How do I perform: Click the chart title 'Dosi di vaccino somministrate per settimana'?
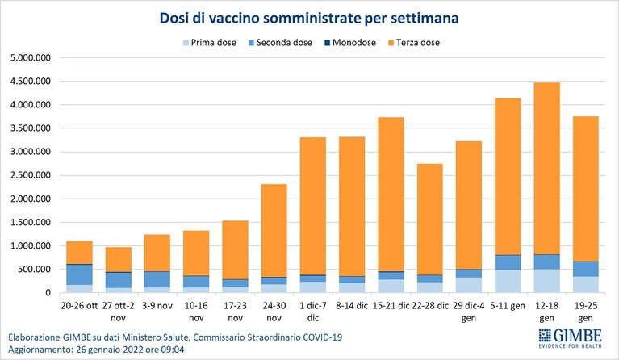click(309, 18)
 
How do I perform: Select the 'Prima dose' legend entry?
click(210, 43)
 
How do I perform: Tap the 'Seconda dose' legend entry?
click(280, 43)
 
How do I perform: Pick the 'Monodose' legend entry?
click(350, 43)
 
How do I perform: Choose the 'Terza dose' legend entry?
click(414, 43)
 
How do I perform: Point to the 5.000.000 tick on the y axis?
click(31, 58)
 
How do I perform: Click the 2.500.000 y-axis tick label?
click(31, 175)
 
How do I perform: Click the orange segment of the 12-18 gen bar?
click(546, 169)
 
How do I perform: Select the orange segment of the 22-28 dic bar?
click(429, 219)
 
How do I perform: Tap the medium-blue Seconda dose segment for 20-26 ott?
click(79, 274)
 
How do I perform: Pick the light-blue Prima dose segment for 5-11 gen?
click(508, 282)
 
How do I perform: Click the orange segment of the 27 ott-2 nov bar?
click(119, 259)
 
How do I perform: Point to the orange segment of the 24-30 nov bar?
click(274, 231)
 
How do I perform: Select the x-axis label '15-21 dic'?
click(391, 306)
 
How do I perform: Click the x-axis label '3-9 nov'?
click(157, 306)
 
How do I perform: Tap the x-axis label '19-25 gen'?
click(586, 312)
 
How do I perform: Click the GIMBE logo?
click(571, 339)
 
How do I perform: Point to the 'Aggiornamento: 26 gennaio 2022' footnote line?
click(96, 350)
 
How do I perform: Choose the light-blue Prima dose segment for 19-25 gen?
click(586, 285)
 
